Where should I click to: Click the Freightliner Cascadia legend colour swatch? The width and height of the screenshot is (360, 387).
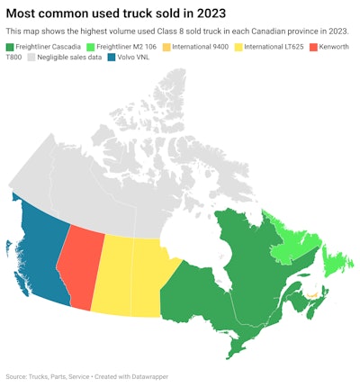[x=10, y=45]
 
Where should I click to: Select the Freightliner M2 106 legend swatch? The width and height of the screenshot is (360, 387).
[x=92, y=45]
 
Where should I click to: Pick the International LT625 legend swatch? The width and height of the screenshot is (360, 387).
[x=241, y=45]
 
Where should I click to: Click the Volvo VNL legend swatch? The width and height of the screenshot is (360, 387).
[x=111, y=57]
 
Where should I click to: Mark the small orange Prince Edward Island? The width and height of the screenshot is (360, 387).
[x=310, y=294]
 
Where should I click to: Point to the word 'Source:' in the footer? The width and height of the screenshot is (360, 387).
[x=17, y=375]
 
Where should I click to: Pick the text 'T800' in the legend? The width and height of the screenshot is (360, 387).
[x=14, y=57]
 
